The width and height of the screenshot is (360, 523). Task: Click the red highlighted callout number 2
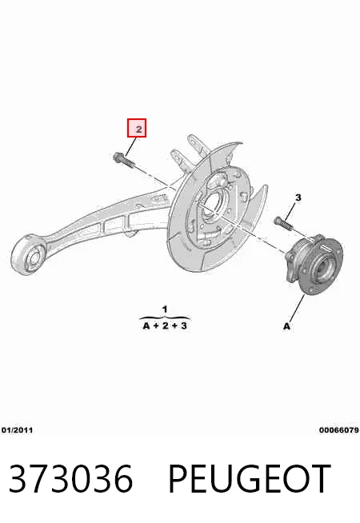[137, 128]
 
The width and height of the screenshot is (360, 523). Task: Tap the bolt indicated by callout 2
[124, 160]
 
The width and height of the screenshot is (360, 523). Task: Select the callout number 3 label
[298, 198]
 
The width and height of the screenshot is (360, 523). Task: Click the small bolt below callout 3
[283, 223]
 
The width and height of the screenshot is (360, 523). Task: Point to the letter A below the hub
[286, 325]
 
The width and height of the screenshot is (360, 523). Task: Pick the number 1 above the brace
[165, 309]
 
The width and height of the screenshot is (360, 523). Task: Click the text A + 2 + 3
[165, 325]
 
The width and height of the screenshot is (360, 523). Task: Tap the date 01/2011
[18, 430]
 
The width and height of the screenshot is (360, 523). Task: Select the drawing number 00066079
[338, 430]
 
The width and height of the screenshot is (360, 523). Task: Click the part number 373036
[70, 478]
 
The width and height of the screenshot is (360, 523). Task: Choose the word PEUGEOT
[250, 478]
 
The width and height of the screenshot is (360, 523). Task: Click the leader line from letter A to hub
[297, 309]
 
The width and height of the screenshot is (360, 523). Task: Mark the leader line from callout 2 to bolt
[130, 147]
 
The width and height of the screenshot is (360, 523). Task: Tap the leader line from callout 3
[291, 210]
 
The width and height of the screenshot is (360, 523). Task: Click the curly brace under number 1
[165, 317]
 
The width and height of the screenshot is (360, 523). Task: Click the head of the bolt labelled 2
[118, 157]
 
